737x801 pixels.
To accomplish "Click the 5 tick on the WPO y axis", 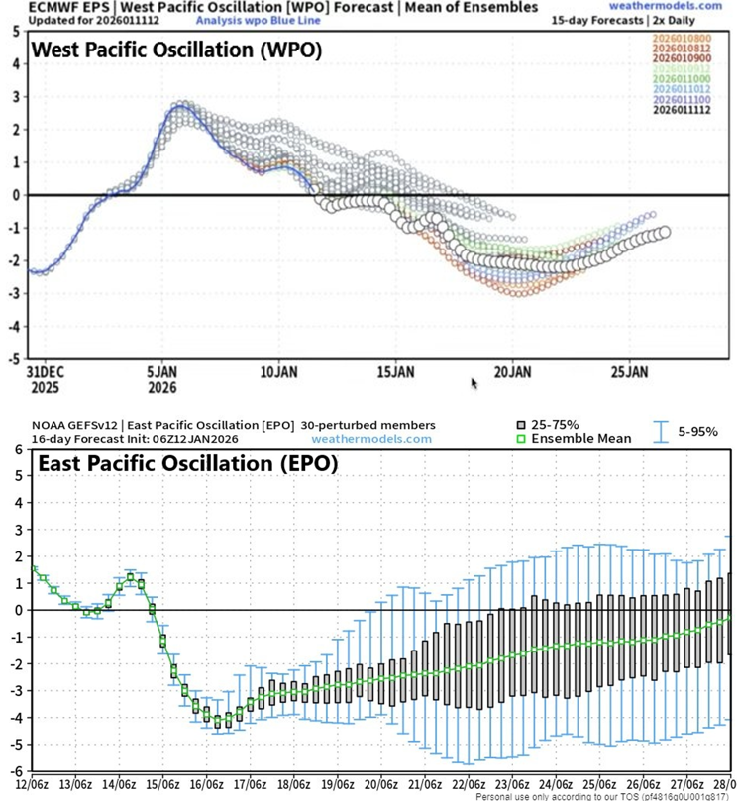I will pos(16,31).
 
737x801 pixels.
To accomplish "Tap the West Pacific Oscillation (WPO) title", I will pos(176,50).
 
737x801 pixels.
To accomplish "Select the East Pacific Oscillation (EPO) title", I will pos(186,463).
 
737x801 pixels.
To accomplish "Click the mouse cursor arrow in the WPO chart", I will pos(474,381).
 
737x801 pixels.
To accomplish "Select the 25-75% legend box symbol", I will pos(522,424).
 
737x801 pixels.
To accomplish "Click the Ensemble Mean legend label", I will pos(583,438).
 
